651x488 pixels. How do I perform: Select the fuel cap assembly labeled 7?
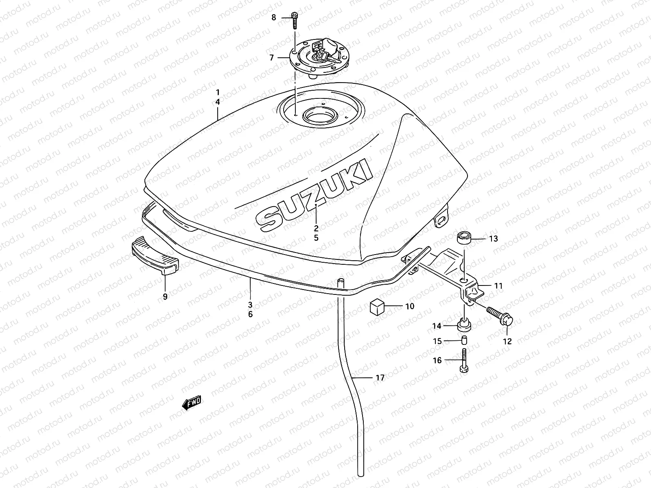tap(320, 61)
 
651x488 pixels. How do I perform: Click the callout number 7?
tap(272, 58)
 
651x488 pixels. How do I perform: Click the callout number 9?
tap(165, 297)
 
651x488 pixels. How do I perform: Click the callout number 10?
tap(410, 306)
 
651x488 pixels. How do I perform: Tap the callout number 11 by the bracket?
tap(498, 286)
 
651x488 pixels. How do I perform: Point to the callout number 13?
tap(493, 239)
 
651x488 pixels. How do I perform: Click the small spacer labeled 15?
tap(464, 341)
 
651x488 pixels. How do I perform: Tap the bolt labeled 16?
tap(464, 360)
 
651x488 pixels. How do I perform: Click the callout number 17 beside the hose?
tap(380, 378)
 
